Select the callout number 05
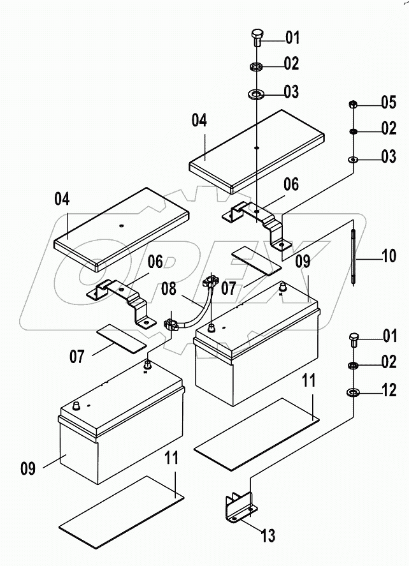(x=388, y=102)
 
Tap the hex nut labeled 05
(x=352, y=105)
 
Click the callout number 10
(x=388, y=258)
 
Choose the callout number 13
(x=268, y=536)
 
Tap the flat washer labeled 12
(x=352, y=391)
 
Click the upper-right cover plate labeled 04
(x=257, y=151)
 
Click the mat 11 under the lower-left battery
(x=121, y=510)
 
